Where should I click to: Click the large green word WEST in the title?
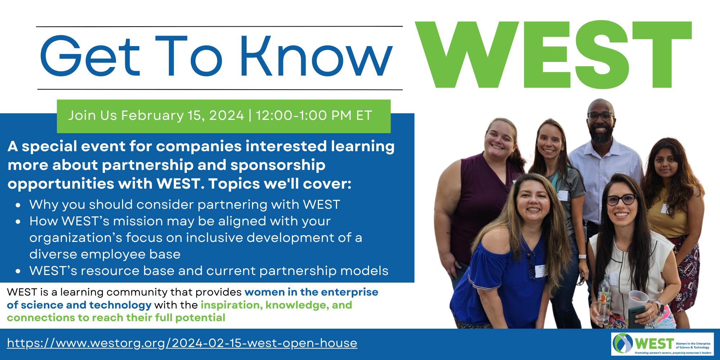[553, 54]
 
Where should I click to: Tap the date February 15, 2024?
[183, 116]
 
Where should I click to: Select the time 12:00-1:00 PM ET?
[314, 116]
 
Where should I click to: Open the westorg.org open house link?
[182, 343]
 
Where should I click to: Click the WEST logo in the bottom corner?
[662, 344]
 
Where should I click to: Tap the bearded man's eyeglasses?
[600, 116]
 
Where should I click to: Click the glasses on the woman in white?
[622, 199]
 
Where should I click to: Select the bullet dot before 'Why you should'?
[18, 205]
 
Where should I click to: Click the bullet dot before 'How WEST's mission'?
[18, 222]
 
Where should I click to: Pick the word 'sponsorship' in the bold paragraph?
[278, 165]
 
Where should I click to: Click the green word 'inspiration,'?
[231, 305]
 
